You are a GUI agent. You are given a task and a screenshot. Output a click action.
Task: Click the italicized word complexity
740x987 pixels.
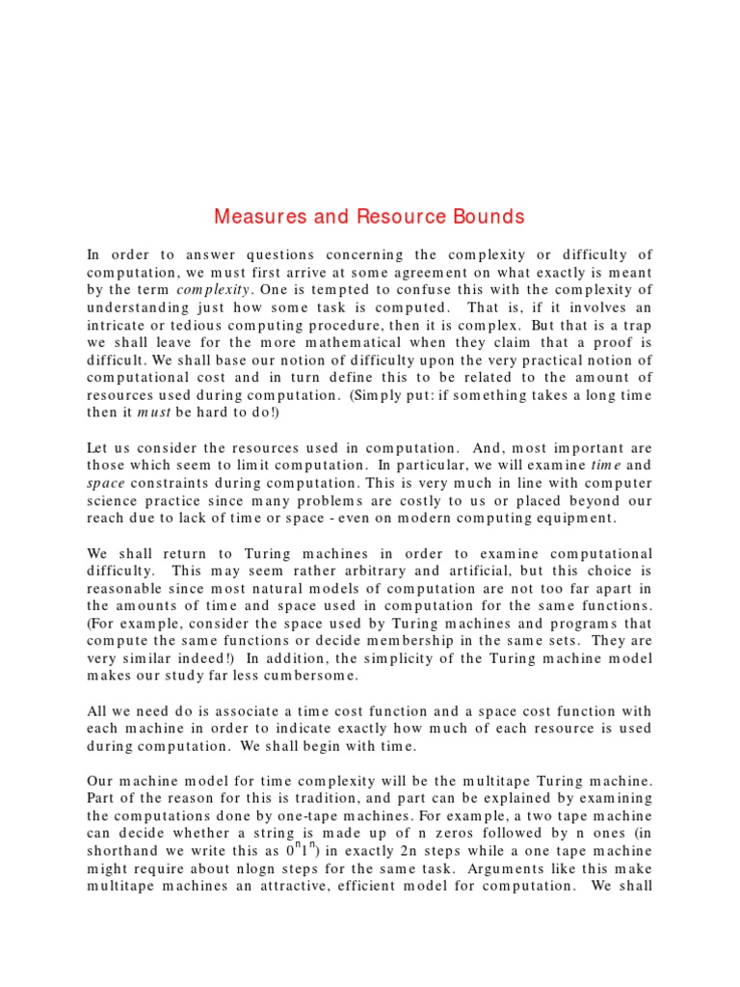213,289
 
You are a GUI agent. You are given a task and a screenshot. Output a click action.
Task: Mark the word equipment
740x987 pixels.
568,519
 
